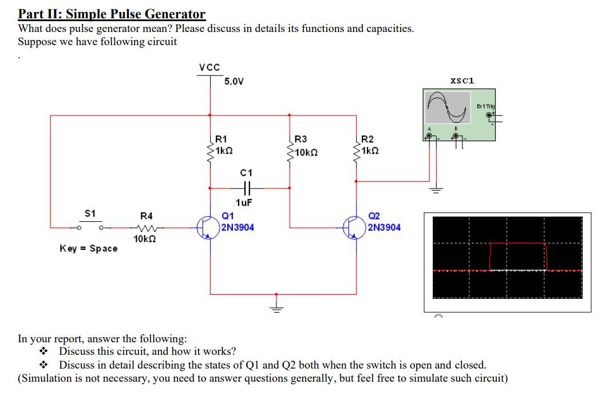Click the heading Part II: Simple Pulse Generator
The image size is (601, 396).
click(x=112, y=14)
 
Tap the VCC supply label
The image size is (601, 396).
click(x=209, y=67)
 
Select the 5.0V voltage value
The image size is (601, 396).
click(x=234, y=82)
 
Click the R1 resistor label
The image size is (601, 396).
click(x=221, y=139)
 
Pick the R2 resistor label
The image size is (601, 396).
click(x=367, y=139)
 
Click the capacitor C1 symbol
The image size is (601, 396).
click(x=247, y=187)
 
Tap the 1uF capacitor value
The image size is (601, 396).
click(x=244, y=202)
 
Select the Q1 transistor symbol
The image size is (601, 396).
click(x=208, y=227)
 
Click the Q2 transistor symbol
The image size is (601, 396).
click(x=354, y=227)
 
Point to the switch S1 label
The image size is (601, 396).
click(x=90, y=213)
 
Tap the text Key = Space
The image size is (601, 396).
click(x=89, y=249)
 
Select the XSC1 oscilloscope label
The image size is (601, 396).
click(x=462, y=81)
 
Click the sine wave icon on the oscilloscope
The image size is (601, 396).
click(x=449, y=107)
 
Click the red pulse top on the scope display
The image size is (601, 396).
click(x=518, y=243)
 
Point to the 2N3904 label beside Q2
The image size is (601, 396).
click(x=384, y=227)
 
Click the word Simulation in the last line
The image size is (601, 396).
click(x=47, y=378)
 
